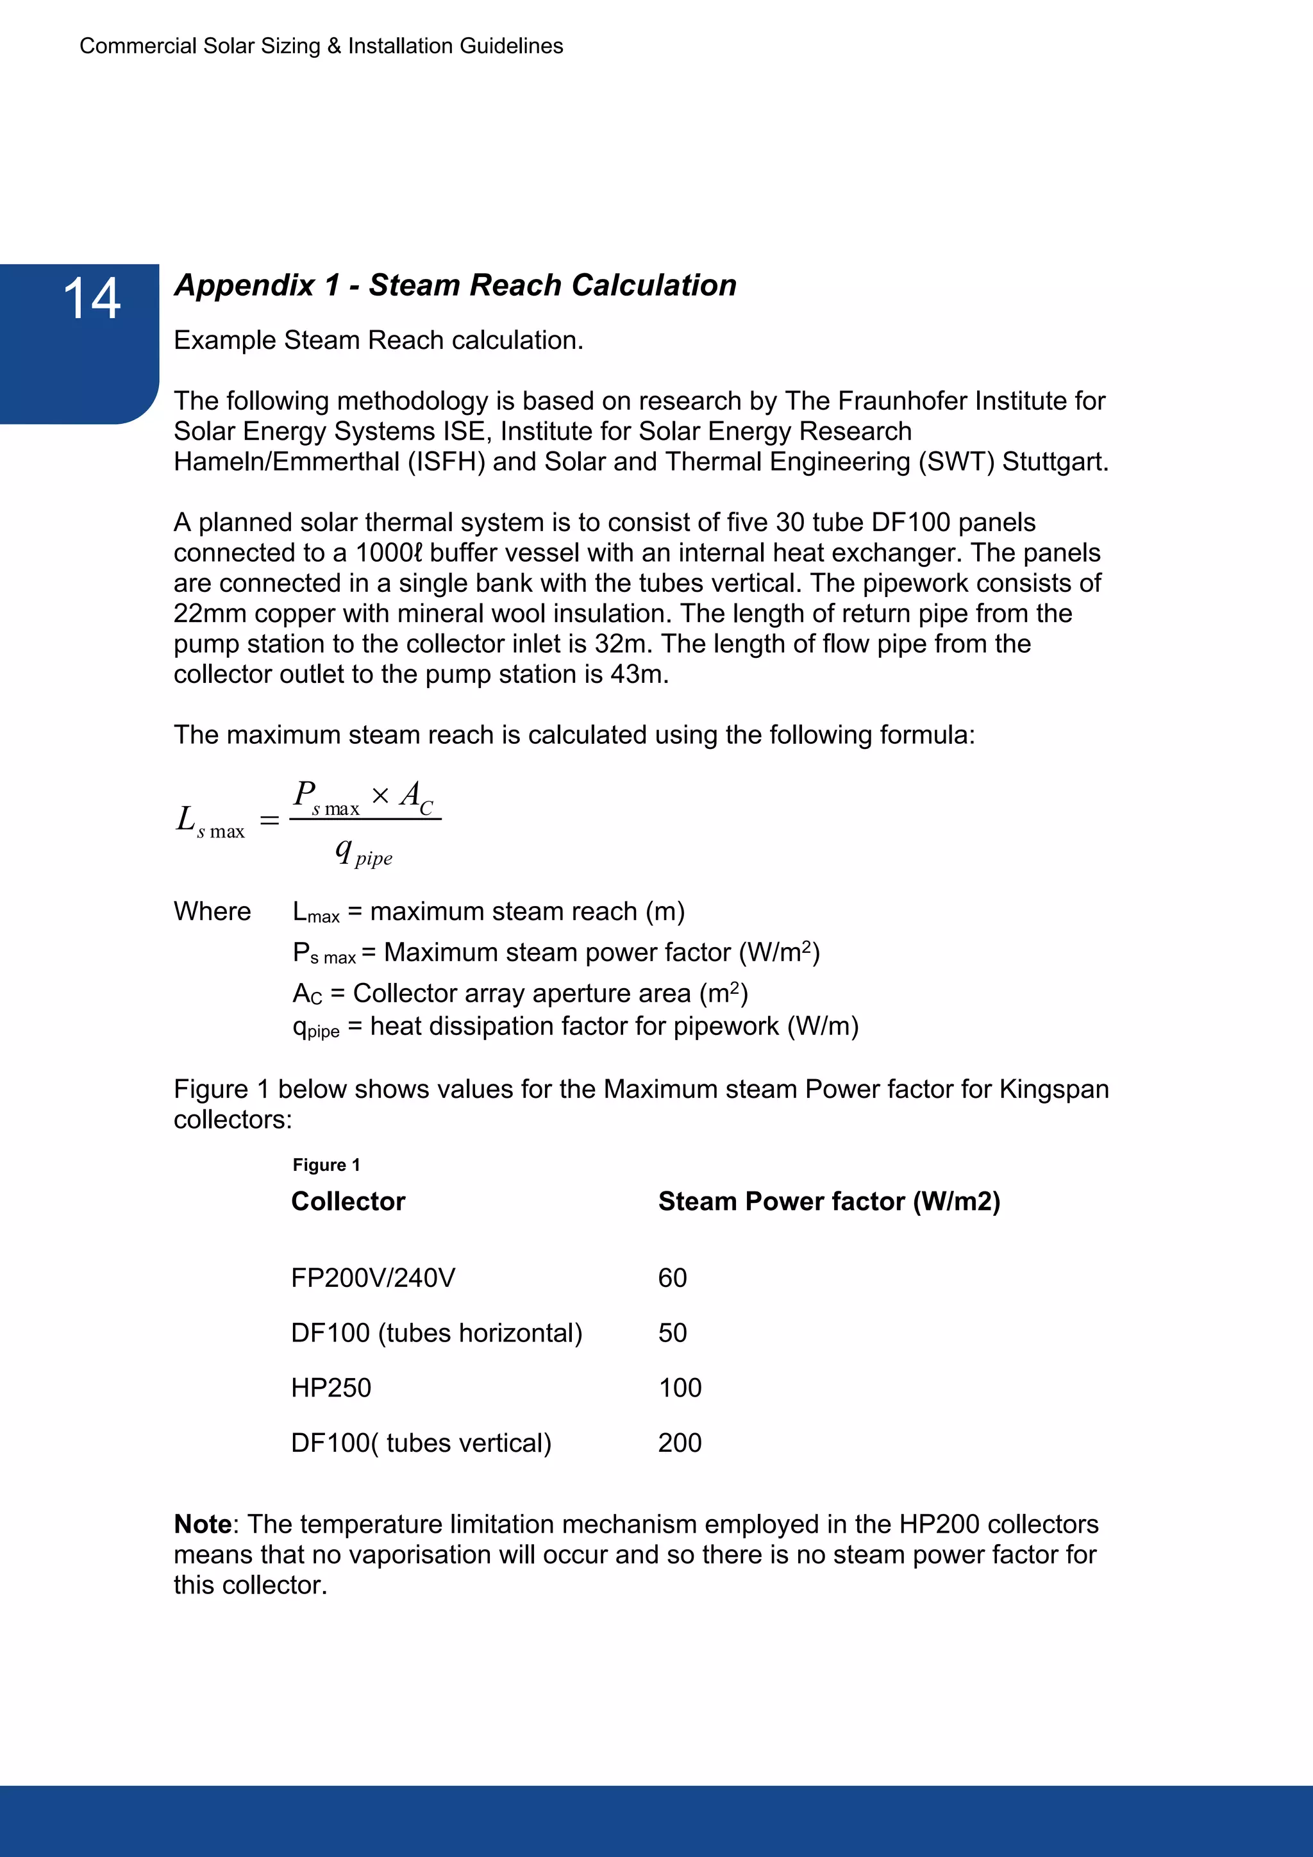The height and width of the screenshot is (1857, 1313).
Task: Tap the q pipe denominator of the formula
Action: coord(364,852)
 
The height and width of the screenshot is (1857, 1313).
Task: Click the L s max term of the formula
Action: coord(210,822)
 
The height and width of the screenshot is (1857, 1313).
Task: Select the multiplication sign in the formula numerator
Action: coord(380,796)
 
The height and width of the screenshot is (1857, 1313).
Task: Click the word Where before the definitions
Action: coord(212,912)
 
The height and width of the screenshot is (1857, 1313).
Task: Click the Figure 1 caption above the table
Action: coord(326,1164)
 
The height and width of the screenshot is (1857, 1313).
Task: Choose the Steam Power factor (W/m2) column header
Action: coord(829,1201)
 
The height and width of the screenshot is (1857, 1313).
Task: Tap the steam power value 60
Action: coord(672,1278)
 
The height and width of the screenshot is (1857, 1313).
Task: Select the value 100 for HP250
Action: coord(680,1388)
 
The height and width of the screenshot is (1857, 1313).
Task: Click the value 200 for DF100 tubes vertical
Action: coord(680,1443)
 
